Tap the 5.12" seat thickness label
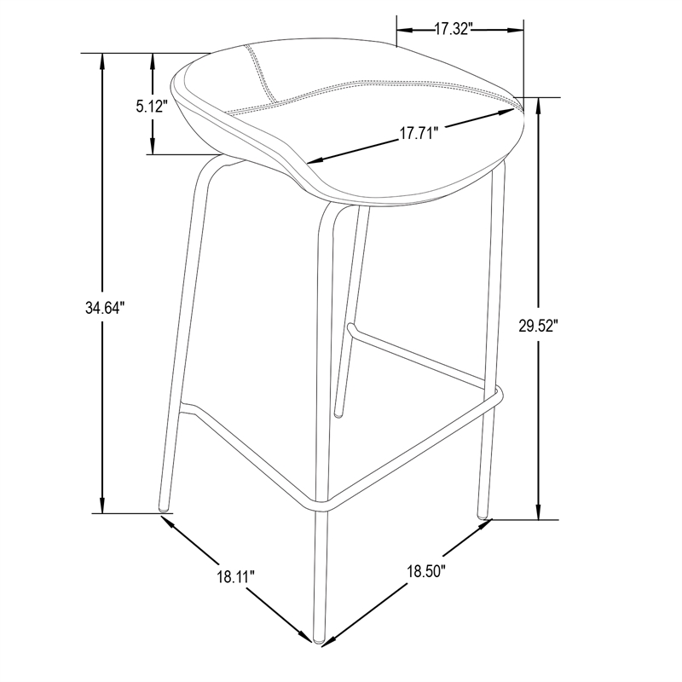click(x=152, y=106)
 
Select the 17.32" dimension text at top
click(x=454, y=29)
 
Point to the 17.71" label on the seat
click(x=419, y=133)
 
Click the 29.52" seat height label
click(x=538, y=326)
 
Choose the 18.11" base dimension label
click(x=235, y=577)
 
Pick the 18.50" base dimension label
click(x=426, y=570)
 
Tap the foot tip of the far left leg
click(x=164, y=507)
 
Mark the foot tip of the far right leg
click(x=483, y=516)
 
